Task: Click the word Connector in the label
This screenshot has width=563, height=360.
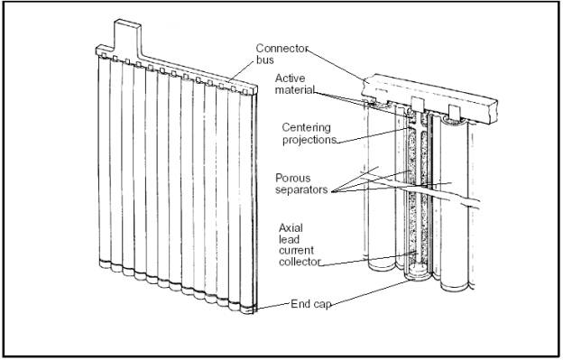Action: click(x=282, y=49)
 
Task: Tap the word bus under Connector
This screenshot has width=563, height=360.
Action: click(x=265, y=60)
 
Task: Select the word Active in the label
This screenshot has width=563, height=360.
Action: click(x=291, y=78)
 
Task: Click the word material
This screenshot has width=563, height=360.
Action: click(x=295, y=89)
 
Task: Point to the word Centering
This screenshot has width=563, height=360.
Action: click(x=306, y=128)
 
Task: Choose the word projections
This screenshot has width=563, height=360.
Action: click(x=309, y=140)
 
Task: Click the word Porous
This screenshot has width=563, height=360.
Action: click(x=293, y=178)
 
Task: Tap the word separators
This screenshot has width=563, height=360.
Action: click(x=301, y=189)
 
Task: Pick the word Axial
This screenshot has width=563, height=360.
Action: click(x=291, y=228)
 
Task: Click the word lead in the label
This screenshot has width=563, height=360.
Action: click(x=289, y=239)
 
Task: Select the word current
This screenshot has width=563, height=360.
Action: click(x=296, y=251)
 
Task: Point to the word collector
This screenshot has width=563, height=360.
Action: click(x=300, y=262)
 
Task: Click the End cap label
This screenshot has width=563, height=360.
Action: click(x=310, y=304)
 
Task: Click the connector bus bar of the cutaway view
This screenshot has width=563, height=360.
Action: click(x=429, y=97)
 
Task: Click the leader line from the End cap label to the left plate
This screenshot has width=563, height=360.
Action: click(x=272, y=306)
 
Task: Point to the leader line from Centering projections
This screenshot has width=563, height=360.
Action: click(x=374, y=135)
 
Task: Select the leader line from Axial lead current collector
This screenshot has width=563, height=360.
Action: click(x=367, y=259)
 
